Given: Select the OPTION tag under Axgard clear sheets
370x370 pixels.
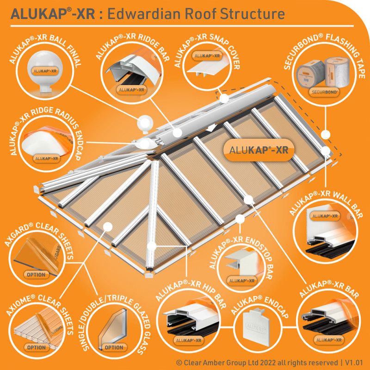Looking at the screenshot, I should [x=37, y=275].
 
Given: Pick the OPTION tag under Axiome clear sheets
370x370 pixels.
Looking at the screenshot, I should [x=36, y=347].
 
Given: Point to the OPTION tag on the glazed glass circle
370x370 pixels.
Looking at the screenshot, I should [x=114, y=347].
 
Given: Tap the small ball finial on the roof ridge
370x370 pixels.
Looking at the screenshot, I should [x=145, y=124].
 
